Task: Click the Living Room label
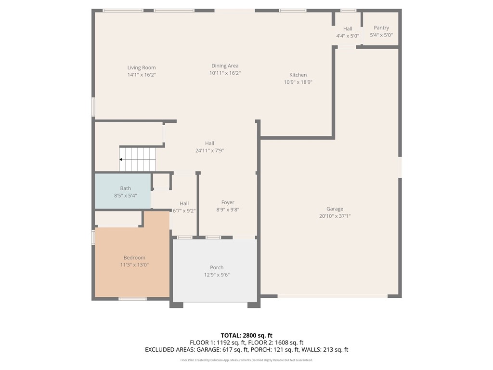click(142, 68)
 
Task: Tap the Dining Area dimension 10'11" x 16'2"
click(225, 73)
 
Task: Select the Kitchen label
click(298, 75)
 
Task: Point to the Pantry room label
click(381, 28)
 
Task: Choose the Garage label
click(335, 209)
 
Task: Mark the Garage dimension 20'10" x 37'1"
click(335, 216)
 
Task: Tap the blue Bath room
click(123, 191)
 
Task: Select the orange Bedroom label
click(134, 258)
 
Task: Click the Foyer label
click(228, 203)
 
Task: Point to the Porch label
click(217, 268)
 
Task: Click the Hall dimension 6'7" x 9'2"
click(184, 211)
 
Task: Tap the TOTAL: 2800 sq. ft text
click(246, 335)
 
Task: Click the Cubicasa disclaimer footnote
click(246, 360)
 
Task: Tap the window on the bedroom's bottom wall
click(132, 299)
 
